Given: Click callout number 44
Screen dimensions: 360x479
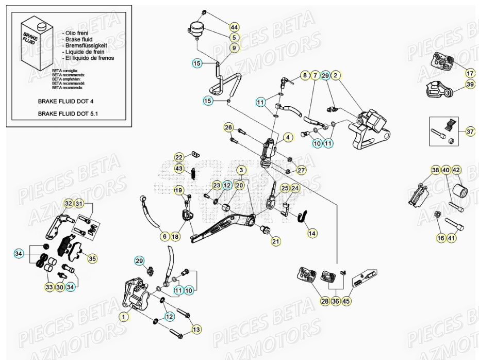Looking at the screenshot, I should tap(234, 27).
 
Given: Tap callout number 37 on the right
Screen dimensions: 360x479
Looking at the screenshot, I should tap(470, 132).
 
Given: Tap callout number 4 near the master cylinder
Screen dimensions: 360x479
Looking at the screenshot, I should tap(288, 137).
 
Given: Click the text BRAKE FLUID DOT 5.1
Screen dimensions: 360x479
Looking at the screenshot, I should tap(69, 112).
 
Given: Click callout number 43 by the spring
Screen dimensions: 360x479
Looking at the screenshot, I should tap(179, 168).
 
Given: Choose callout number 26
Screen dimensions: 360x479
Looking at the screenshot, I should tap(228, 127).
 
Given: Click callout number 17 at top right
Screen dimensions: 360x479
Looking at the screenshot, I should tap(470, 73).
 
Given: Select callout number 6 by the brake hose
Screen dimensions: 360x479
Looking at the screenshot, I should tap(164, 236).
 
